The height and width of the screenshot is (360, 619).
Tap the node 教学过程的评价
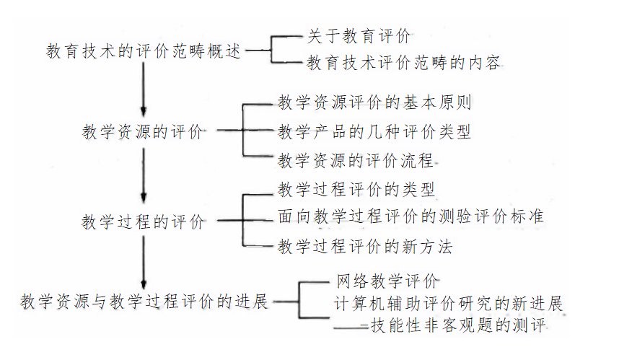[142, 221]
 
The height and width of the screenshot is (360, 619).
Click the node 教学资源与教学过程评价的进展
[144, 301]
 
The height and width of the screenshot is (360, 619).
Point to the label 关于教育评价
[359, 35]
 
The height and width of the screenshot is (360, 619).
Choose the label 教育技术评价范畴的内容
[403, 63]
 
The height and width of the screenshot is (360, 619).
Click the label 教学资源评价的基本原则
[374, 102]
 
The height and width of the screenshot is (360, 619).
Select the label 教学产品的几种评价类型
[374, 132]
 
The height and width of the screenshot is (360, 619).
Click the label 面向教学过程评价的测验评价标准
[411, 216]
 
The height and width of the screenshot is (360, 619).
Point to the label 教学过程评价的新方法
[365, 247]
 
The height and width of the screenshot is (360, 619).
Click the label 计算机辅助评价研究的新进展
[448, 302]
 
